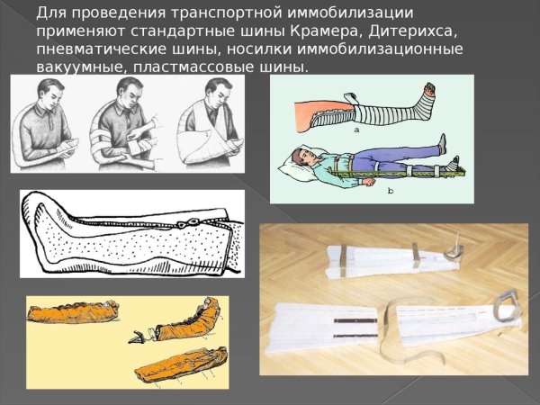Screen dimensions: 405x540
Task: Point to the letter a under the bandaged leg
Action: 357,130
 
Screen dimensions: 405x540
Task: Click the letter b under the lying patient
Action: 389,191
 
